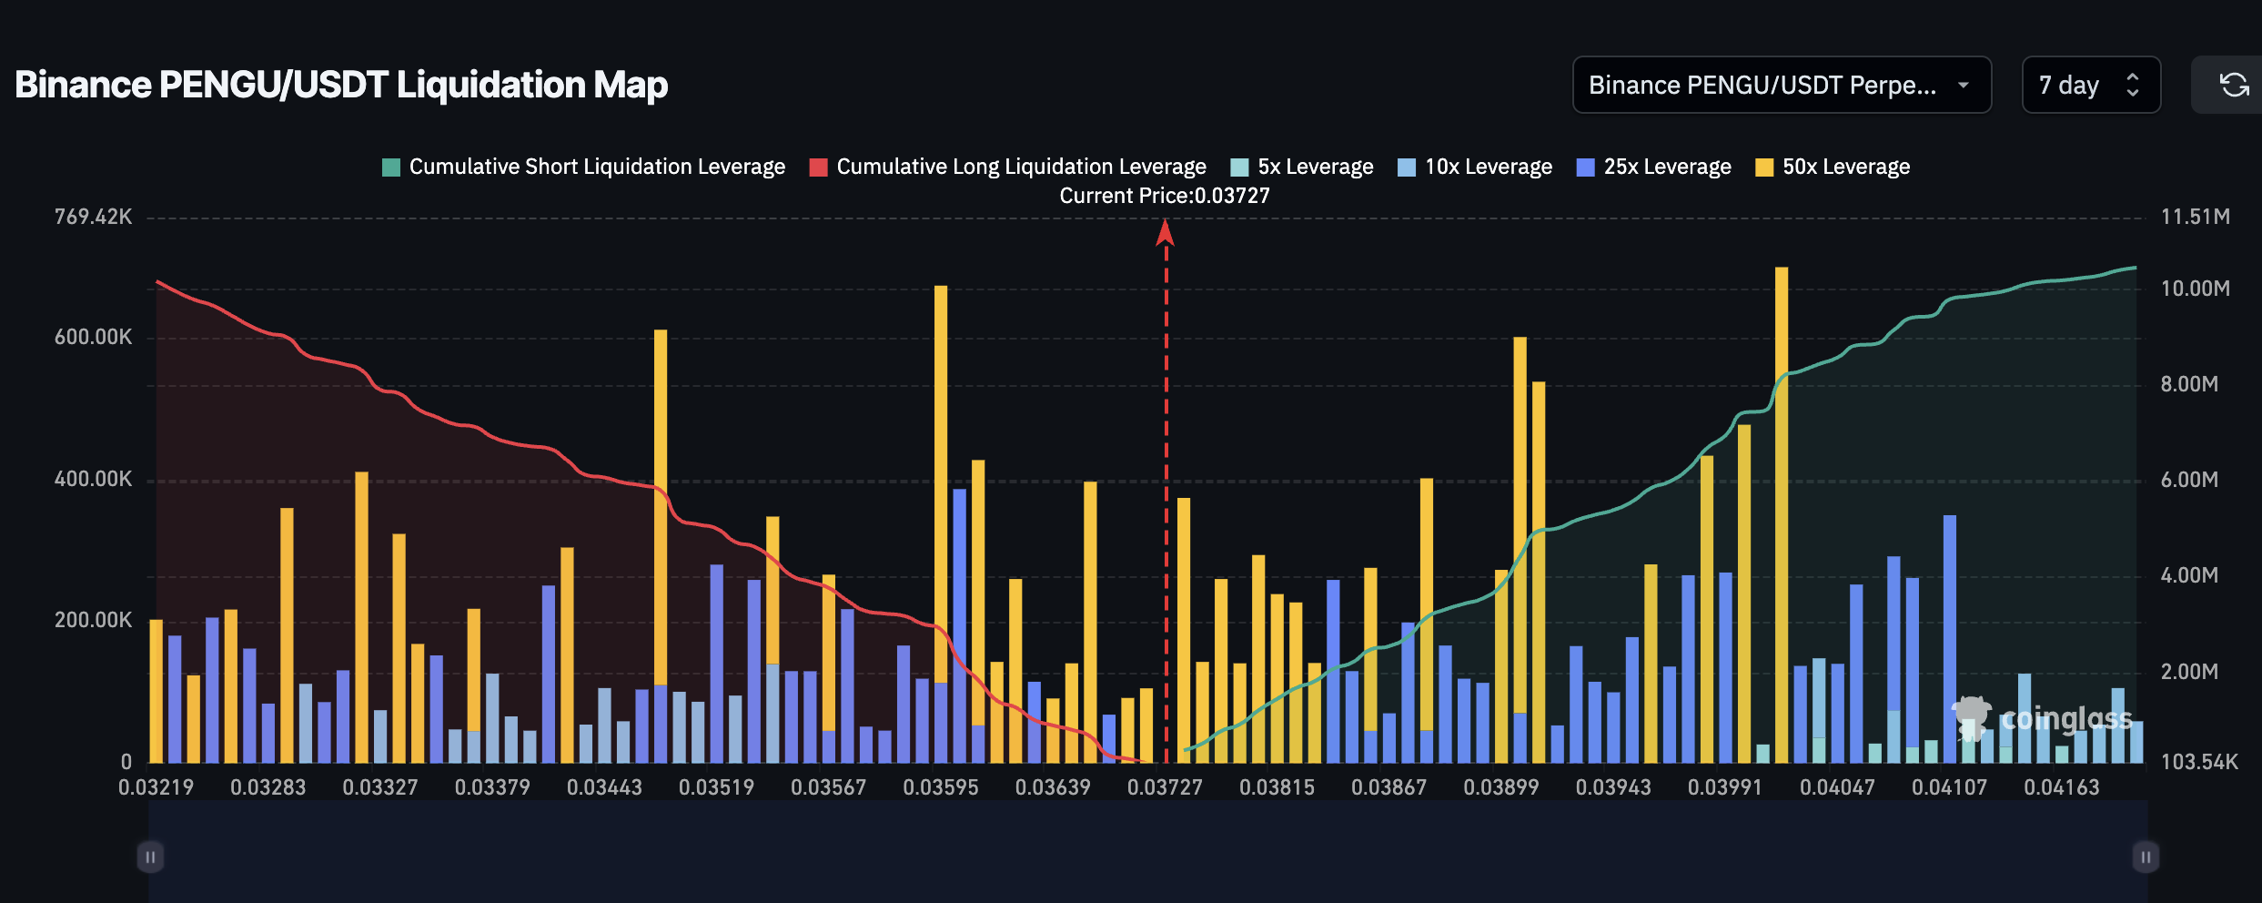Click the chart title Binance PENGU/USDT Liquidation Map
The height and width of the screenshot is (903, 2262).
tap(341, 85)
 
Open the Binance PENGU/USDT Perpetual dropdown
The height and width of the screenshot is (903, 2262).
tap(1781, 86)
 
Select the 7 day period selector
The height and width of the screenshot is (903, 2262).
tap(2090, 86)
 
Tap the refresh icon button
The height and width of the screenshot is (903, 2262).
tap(2234, 86)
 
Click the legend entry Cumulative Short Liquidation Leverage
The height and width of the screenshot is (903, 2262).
tap(583, 167)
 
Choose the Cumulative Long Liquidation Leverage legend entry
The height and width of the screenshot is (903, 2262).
tap(1008, 167)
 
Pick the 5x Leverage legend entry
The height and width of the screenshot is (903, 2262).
tap(1302, 167)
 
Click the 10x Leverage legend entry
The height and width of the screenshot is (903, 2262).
tap(1475, 167)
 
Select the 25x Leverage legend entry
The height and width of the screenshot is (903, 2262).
tap(1654, 167)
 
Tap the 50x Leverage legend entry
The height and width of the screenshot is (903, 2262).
tap(1833, 167)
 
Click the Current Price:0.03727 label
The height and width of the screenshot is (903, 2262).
tap(1165, 196)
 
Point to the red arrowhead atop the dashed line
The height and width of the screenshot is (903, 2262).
tap(1165, 233)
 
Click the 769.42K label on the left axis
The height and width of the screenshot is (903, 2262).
tap(93, 217)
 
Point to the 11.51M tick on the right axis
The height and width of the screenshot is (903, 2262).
tap(2195, 217)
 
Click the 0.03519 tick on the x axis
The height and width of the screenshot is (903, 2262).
tap(716, 787)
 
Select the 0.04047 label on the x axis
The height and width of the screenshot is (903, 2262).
tap(1837, 787)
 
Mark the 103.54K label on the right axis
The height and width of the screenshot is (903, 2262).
tap(2198, 762)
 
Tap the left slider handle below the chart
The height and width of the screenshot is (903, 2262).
tap(150, 857)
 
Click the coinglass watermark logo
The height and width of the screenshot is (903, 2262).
tap(2043, 719)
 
